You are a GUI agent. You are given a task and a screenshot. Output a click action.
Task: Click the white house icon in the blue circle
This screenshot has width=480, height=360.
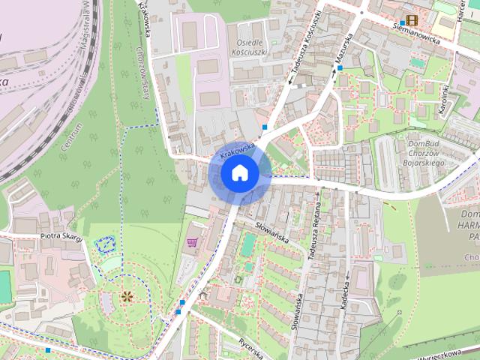240,173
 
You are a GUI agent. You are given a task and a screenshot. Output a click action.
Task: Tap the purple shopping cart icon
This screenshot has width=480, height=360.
193,241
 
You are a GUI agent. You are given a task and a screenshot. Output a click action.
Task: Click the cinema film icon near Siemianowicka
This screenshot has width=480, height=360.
411,20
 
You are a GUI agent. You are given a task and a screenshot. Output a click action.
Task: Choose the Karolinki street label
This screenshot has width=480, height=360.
443,99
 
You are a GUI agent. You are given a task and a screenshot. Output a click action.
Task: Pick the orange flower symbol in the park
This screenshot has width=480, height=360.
127,296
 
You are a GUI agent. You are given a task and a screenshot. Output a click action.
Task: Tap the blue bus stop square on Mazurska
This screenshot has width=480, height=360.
340,68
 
